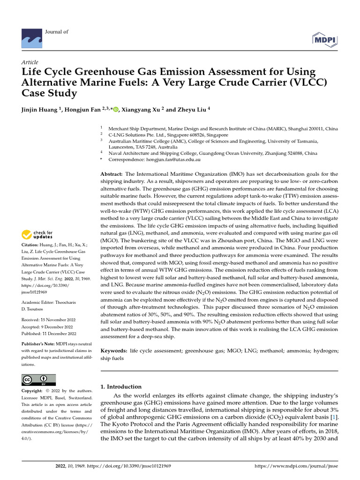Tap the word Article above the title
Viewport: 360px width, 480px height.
[x=30, y=62]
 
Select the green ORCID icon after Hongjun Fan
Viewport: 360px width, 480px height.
[x=115, y=110]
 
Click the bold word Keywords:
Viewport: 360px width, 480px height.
[x=114, y=351]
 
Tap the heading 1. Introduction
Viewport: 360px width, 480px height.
[x=121, y=387]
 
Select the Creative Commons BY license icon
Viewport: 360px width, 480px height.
[x=38, y=380]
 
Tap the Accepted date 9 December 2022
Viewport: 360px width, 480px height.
[x=47, y=326]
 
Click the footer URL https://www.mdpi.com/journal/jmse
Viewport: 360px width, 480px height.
[x=295, y=466]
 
